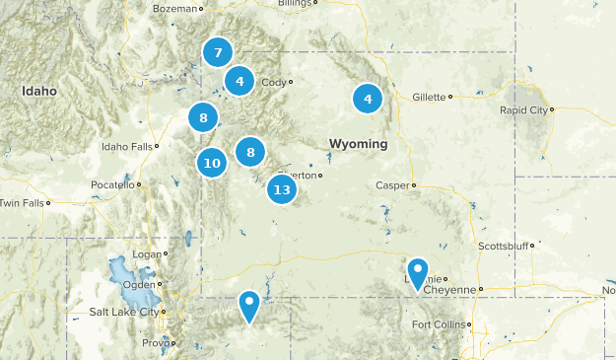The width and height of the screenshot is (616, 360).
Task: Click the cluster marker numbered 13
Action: pos(282,188)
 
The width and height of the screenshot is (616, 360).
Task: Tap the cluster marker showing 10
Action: pos(212,163)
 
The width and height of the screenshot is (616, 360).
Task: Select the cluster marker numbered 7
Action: pos(218,52)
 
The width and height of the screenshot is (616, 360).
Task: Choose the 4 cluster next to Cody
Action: pos(240,81)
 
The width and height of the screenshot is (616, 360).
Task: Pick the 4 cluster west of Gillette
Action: pos(368,98)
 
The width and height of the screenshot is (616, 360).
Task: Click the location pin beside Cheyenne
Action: pos(419,272)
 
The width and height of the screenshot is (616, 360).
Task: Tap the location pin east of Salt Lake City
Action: pos(250,305)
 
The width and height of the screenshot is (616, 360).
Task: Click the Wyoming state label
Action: pos(358,144)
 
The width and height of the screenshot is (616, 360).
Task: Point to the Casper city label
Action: pos(392,184)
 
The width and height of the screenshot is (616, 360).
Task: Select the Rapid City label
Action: pos(524,109)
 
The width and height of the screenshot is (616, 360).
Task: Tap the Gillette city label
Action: pos(429,97)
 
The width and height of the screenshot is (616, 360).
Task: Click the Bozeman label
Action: pos(175,8)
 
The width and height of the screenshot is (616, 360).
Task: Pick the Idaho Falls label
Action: pos(127,147)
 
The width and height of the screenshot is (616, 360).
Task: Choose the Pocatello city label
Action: pos(111,184)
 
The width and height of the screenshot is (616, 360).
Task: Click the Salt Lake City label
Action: pos(123,312)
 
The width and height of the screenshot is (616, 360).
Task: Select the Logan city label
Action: pos(146,253)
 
